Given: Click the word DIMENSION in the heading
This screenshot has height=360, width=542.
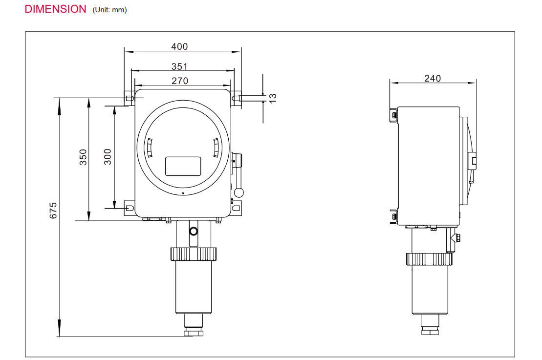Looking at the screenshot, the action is point(55,9).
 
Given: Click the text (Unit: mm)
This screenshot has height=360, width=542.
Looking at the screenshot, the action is point(109,10).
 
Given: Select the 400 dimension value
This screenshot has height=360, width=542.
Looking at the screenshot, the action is point(179,46).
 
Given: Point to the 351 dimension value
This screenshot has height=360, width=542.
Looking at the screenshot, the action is point(179,66).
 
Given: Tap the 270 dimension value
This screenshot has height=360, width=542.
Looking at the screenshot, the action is point(180,81).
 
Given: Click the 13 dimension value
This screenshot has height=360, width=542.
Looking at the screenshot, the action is point(272,98).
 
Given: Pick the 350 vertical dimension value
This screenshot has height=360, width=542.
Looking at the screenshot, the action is point(83,157).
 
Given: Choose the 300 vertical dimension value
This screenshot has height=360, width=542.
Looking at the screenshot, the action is point(108,157).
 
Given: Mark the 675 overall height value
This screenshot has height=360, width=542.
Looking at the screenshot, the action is point(53,211).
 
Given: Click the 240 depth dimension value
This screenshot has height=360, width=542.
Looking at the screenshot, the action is point(433,79).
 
